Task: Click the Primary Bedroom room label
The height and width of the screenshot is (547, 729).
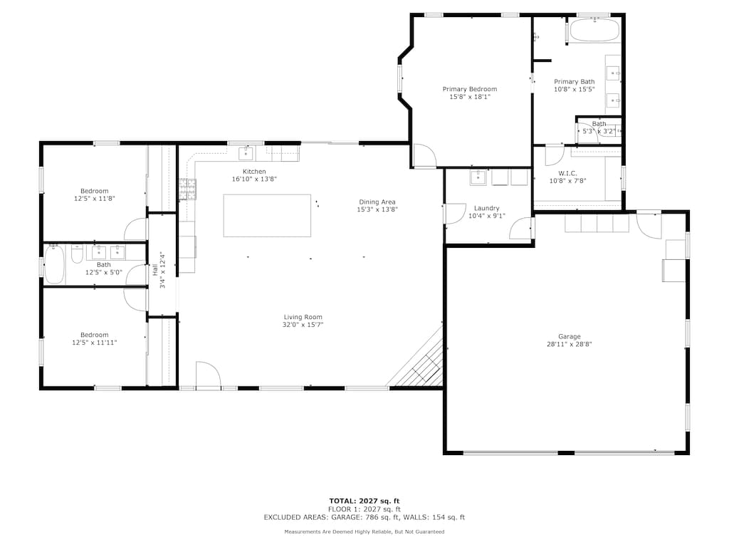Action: click(x=469, y=89)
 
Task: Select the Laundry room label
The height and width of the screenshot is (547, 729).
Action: click(x=486, y=208)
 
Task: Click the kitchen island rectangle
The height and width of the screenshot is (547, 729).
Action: click(x=267, y=215)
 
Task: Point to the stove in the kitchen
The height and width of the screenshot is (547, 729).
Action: click(x=187, y=188)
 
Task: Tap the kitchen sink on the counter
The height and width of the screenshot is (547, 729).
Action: click(x=246, y=153)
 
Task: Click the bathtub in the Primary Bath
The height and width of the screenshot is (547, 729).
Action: click(x=594, y=31)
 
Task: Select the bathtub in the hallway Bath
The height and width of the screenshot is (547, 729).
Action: click(x=56, y=264)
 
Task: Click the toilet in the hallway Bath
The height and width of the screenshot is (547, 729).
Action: click(x=77, y=253)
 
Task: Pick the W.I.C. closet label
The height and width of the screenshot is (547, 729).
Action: click(x=567, y=173)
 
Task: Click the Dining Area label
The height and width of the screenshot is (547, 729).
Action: click(x=377, y=202)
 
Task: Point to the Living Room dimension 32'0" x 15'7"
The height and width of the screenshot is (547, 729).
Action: click(x=303, y=325)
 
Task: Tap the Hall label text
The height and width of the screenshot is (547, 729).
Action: click(x=154, y=271)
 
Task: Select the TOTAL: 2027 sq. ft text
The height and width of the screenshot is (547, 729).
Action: click(x=364, y=501)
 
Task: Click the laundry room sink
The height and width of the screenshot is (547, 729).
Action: click(x=478, y=177)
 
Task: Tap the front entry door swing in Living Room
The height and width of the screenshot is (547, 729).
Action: click(x=207, y=375)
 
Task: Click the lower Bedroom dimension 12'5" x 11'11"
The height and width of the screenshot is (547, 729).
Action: click(x=94, y=343)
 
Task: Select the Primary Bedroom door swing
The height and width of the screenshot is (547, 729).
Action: click(x=424, y=156)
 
